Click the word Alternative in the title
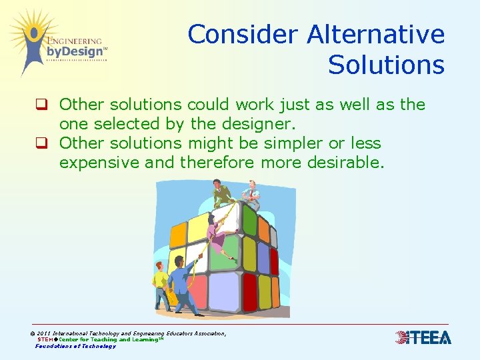tap(377, 34)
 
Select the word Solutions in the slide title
tap(386, 65)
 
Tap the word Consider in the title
tap(243, 34)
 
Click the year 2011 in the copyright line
tap(43, 333)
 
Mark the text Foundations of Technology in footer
tap(75, 346)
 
